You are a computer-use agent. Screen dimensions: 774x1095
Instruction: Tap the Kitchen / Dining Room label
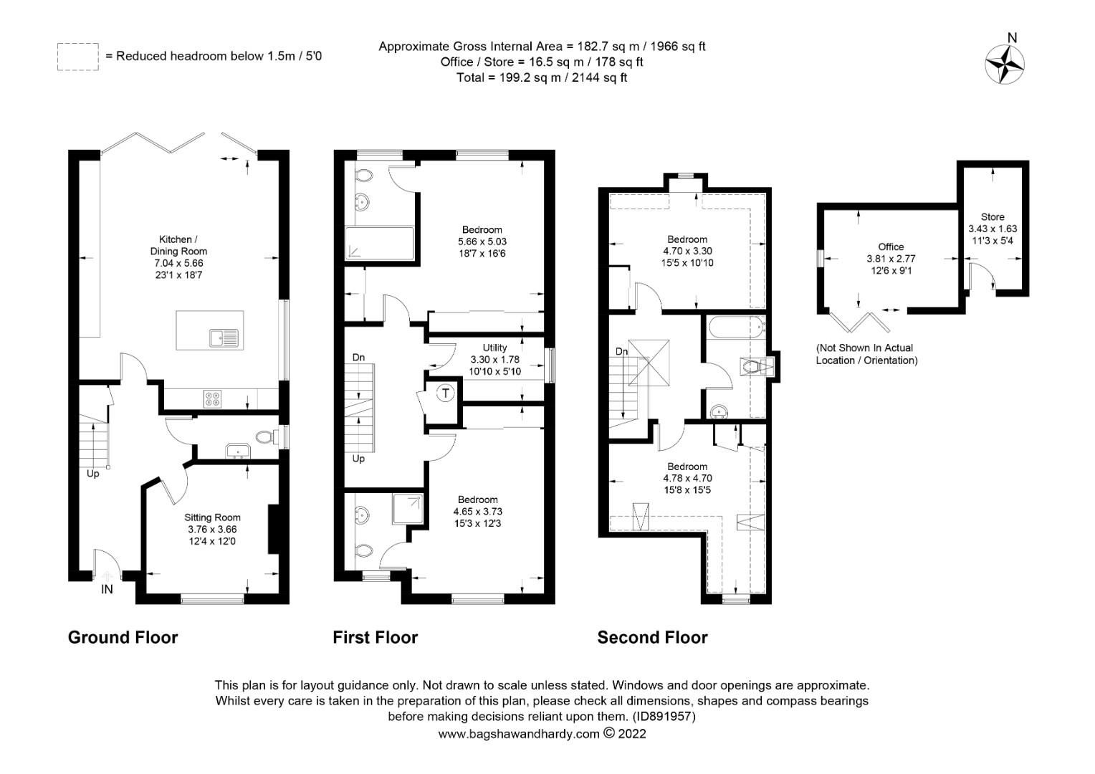click(178, 245)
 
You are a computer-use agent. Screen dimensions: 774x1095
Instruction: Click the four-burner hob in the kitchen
click(212, 398)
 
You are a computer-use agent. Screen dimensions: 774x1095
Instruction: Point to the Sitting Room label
click(212, 517)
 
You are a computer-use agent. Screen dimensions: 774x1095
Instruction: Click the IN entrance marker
click(107, 590)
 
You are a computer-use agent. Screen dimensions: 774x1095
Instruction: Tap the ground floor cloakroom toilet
click(265, 436)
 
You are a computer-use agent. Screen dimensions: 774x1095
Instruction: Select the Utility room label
click(494, 348)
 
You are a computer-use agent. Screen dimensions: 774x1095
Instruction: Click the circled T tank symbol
click(446, 393)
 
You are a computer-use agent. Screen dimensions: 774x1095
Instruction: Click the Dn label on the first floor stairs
click(358, 357)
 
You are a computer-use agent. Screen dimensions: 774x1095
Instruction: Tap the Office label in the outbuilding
click(891, 247)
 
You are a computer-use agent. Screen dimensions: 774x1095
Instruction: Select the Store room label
click(993, 216)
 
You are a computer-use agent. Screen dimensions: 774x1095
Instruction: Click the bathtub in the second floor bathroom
click(735, 330)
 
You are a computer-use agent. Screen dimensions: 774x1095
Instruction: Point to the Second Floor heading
click(652, 637)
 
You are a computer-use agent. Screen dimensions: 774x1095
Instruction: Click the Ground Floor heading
click(123, 637)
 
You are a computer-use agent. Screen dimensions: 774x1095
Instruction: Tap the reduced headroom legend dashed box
click(77, 57)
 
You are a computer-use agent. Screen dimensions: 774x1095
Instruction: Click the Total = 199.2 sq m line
click(541, 77)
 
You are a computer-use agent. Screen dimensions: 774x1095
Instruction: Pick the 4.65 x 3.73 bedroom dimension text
click(478, 512)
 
